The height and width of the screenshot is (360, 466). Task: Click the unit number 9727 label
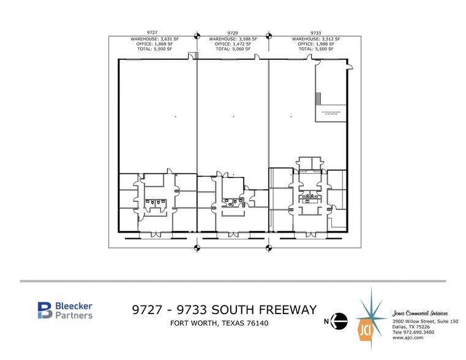click(x=152, y=32)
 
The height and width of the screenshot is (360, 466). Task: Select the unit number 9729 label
click(x=233, y=32)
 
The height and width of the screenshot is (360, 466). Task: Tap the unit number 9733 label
click(x=316, y=32)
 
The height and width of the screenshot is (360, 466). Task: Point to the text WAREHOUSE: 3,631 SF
click(x=152, y=39)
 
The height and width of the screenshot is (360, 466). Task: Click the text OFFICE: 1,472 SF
click(x=233, y=43)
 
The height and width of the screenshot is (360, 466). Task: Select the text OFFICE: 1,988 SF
click(x=316, y=43)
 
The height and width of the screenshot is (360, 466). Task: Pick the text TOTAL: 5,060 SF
click(x=233, y=48)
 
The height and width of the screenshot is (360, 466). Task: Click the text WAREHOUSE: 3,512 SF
click(x=316, y=39)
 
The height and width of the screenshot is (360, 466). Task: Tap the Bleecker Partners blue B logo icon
click(x=45, y=310)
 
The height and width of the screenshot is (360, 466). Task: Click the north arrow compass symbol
click(x=341, y=320)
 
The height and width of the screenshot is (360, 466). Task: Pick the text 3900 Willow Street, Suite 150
click(x=424, y=321)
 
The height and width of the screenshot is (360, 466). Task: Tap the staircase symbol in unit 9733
click(x=318, y=99)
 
